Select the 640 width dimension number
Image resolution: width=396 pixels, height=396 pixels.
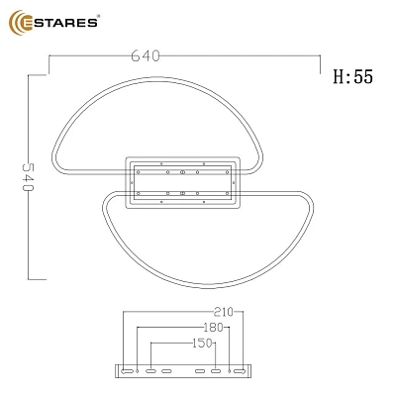pyautogui.click(x=146, y=55)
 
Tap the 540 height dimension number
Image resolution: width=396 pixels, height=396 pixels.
pyautogui.click(x=28, y=176)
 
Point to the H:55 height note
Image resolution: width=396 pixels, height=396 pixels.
pyautogui.click(x=352, y=76)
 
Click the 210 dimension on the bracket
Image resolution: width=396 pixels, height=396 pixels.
pyautogui.click(x=224, y=312)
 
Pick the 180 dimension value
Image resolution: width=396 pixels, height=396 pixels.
pyautogui.click(x=214, y=328)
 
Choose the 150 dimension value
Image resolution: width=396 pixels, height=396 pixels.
pyautogui.click(x=202, y=344)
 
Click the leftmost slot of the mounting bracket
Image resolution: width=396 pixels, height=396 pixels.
pyautogui.click(x=127, y=371)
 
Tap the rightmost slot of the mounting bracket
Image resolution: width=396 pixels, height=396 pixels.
pyautogui.click(x=240, y=371)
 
